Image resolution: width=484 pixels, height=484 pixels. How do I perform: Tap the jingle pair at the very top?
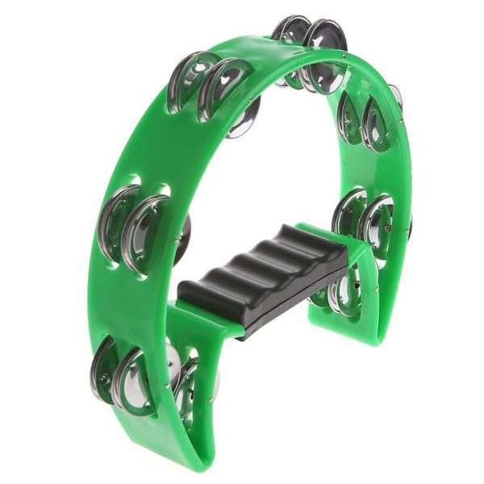(x=310, y=53)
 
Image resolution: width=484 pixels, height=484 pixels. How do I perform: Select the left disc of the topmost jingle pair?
(x=292, y=48)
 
